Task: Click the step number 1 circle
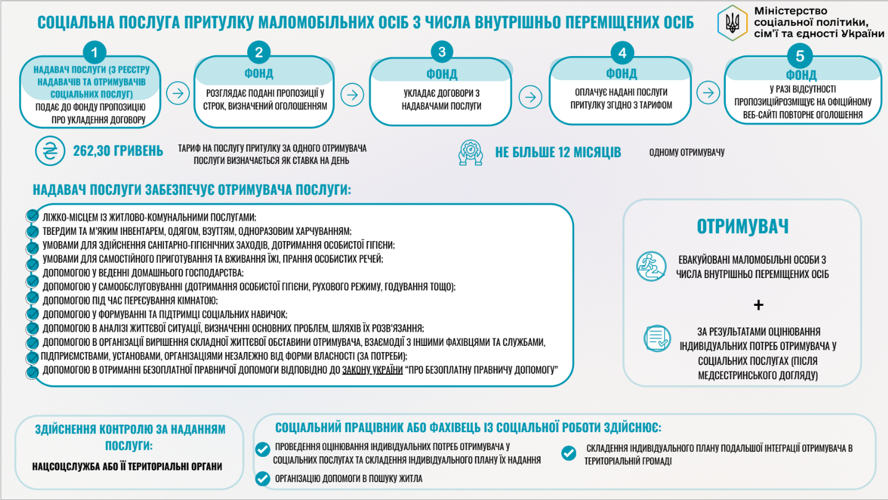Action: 94,52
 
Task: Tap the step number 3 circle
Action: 442,52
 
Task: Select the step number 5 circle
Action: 800,56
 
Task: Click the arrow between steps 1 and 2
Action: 178,94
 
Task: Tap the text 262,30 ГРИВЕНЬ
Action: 118,151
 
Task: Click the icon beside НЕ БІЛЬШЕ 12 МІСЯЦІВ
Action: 471,152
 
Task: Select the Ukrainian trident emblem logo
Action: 733,23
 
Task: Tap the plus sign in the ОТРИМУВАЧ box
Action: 758,305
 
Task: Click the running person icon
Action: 651,267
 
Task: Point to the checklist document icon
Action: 657,338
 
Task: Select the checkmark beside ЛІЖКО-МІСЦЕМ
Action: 33,216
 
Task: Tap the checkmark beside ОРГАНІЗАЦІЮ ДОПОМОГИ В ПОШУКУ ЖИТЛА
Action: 263,478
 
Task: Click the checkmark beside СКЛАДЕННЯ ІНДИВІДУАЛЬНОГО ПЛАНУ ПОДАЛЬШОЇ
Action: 569,453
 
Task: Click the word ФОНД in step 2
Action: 259,73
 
